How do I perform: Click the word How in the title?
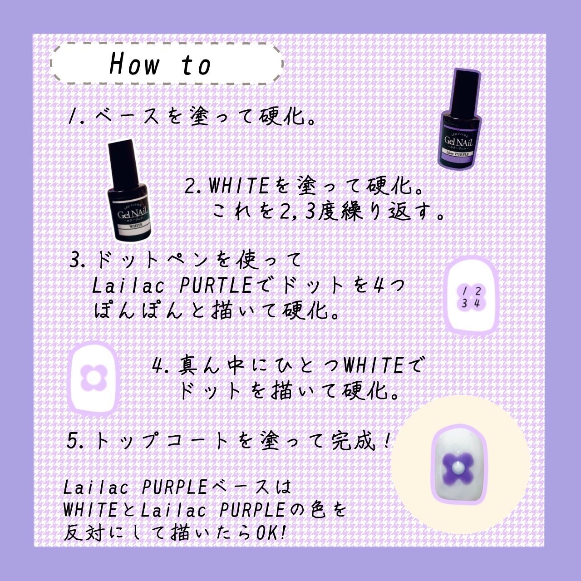(134, 64)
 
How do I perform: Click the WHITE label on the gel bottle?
(136, 226)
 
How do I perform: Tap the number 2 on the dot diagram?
(478, 291)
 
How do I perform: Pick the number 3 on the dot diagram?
(464, 303)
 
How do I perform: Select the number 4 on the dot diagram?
(477, 303)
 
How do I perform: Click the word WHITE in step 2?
(238, 186)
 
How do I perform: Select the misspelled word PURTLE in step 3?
(216, 285)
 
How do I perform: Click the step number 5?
(72, 441)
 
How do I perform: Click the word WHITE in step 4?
(374, 365)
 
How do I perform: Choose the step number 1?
(72, 116)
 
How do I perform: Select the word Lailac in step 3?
(128, 285)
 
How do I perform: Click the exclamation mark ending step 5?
(387, 441)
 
